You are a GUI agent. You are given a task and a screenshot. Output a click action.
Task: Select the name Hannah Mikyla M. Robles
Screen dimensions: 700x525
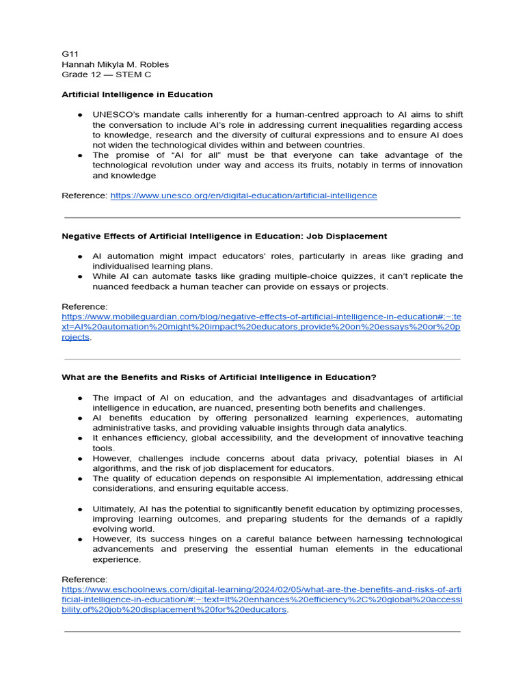[115, 64]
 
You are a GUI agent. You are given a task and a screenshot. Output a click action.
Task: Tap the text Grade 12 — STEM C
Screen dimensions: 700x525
[106, 75]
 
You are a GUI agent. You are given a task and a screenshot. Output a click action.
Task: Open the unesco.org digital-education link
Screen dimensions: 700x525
[243, 196]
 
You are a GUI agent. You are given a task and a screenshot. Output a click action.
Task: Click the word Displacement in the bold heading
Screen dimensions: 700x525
[355, 236]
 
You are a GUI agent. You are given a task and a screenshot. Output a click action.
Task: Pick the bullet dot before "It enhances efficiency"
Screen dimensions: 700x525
[79, 438]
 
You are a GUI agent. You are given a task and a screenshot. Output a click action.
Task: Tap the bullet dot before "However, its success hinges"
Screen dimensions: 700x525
[79, 539]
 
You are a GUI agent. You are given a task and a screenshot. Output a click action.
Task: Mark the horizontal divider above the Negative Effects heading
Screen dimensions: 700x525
[262, 218]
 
